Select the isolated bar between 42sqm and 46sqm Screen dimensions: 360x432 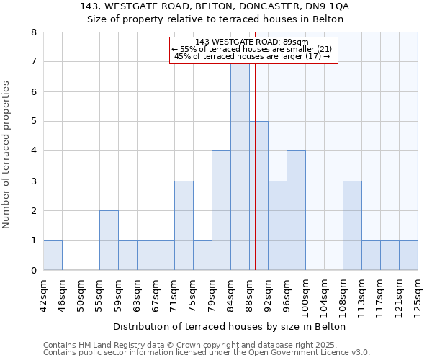(x=53, y=256)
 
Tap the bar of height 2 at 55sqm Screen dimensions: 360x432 (x=109, y=240)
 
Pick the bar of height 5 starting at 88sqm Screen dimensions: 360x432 (x=258, y=196)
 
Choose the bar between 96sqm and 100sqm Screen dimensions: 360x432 (x=296, y=211)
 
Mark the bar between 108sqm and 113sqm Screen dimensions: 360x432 (x=352, y=225)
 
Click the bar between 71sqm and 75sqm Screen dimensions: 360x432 (x=184, y=225)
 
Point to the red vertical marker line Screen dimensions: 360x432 (x=255, y=180)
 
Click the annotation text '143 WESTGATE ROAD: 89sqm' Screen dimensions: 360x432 (x=251, y=42)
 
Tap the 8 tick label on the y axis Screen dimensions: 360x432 (x=33, y=32)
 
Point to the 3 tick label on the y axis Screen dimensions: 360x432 (x=33, y=181)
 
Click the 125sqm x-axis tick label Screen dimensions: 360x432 (x=418, y=294)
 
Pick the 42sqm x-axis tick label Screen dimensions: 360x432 (x=43, y=294)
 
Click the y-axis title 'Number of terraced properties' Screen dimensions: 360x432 (x=6, y=155)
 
